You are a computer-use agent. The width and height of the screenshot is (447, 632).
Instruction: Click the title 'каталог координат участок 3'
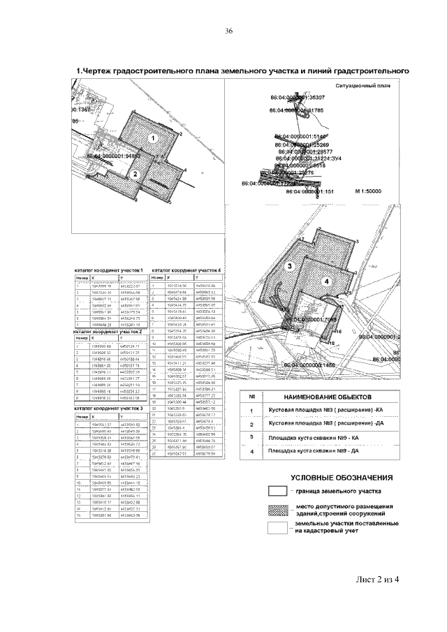[x=109, y=408]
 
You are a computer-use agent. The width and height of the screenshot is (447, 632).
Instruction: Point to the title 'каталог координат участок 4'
[x=186, y=269]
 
